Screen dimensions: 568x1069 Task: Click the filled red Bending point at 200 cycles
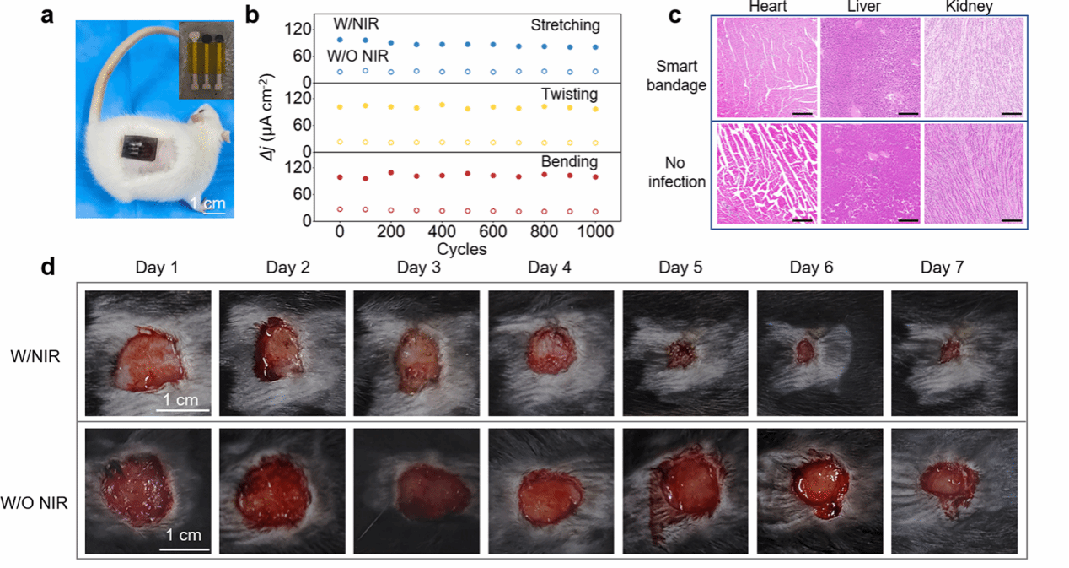click(391, 173)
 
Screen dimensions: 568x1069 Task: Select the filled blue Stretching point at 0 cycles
click(340, 40)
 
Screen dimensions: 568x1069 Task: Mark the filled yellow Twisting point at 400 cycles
click(442, 105)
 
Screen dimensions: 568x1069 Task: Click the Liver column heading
click(868, 7)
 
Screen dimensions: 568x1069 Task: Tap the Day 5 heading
click(680, 268)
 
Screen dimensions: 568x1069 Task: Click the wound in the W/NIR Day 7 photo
click(950, 349)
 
